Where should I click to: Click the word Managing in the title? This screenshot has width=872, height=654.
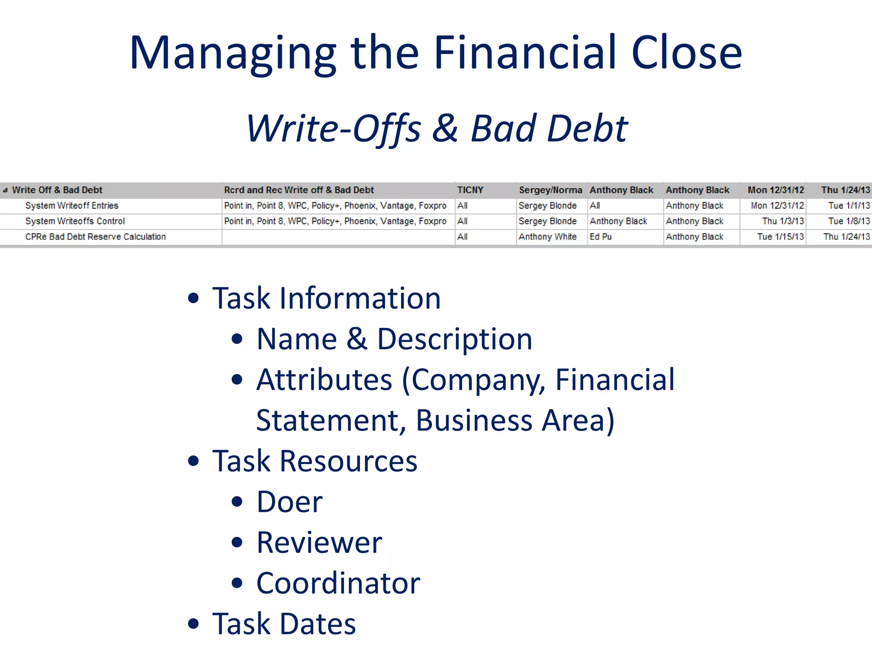232,54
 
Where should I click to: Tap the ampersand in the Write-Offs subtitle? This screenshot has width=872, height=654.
445,128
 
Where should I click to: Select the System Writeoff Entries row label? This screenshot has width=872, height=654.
72,206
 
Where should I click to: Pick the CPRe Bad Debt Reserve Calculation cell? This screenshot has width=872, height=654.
95,237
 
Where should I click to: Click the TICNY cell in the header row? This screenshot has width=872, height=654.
470,190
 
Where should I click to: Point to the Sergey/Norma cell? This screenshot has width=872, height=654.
550,190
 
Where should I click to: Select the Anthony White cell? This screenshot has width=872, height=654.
548,237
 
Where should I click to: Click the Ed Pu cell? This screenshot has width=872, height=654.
600,237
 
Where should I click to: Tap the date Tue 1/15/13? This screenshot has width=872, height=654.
780,237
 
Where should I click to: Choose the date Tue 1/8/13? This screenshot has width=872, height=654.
849,221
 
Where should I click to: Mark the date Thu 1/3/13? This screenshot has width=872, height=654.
783,221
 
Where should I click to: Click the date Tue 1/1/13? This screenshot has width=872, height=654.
849,206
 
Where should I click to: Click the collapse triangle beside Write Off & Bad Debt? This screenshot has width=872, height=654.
5,190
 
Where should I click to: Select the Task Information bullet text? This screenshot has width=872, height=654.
327,298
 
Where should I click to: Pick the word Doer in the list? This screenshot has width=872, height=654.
290,502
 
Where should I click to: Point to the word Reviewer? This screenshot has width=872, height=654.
319,543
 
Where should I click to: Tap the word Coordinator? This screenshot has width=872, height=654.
338,583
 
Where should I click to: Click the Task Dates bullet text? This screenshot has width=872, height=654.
284,624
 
